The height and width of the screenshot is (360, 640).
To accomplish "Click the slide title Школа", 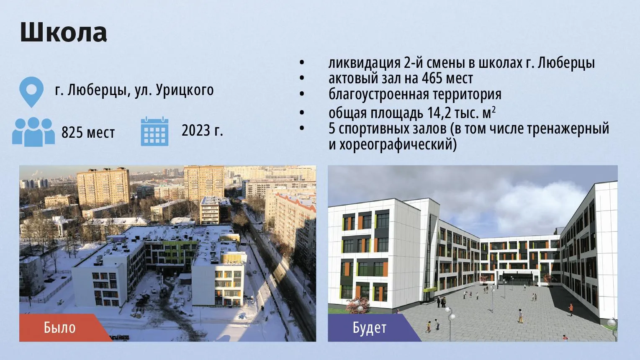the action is point(64,32).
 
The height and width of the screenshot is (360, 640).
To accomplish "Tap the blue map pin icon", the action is point(31,91).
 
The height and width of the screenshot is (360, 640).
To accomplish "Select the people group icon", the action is point(33,132).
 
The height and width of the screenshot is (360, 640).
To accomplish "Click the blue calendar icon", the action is point(154,131).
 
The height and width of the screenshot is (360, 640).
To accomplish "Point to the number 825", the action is point(72,133).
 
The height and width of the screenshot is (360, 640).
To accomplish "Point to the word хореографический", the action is point(398,144).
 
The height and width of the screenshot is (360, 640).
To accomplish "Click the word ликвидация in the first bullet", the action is point(364,63).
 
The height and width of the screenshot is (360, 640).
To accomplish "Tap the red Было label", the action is point(60,328).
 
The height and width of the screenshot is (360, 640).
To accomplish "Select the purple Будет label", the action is point(370,328).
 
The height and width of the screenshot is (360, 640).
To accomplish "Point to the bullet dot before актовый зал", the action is point(302,78).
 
